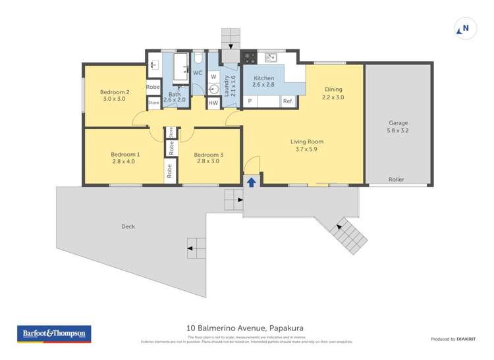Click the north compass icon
[464, 28]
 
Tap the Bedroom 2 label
[114, 91]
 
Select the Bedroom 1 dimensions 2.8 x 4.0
[123, 161]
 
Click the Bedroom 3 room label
[209, 155]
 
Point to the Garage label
[398, 122]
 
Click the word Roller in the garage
[396, 179]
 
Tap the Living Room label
[307, 141]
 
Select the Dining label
[333, 90]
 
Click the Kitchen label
[263, 78]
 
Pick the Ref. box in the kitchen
[288, 101]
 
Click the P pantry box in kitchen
[250, 101]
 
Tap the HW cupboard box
[213, 103]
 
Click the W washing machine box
[213, 77]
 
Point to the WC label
[197, 72]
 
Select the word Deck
[128, 226]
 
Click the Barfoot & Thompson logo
[53, 334]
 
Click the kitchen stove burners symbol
[250, 57]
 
